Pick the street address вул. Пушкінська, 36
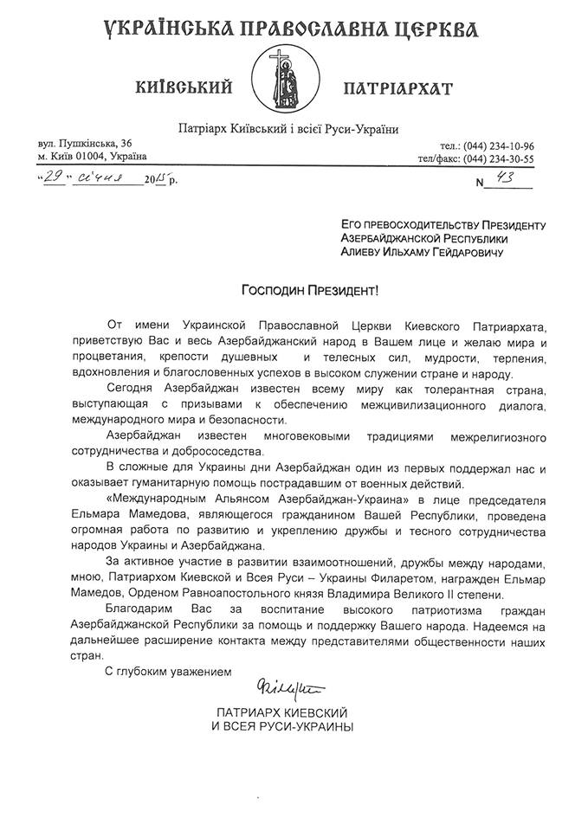pos(85,142)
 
